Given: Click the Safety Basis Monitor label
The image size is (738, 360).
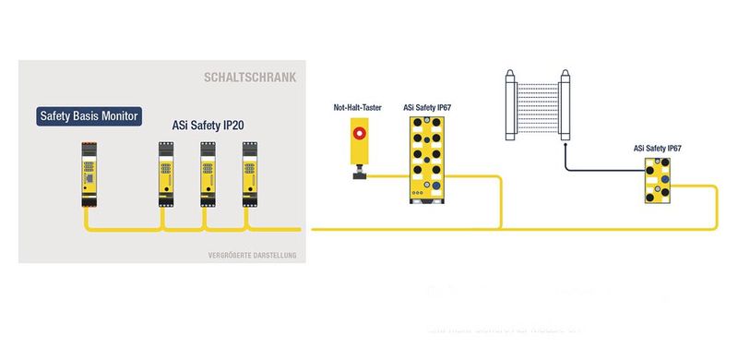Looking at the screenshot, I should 89,117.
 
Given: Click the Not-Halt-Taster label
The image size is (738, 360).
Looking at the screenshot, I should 357,108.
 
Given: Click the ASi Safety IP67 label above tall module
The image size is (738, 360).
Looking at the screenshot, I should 426,108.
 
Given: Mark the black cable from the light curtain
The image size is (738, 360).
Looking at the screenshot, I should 590,169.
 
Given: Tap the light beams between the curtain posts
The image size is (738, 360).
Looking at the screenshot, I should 537,105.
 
